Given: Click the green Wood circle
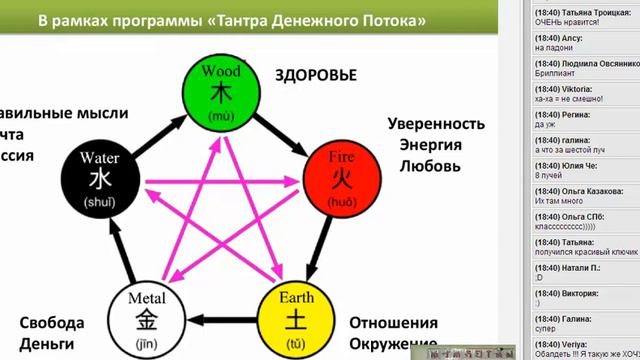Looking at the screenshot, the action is (220, 91).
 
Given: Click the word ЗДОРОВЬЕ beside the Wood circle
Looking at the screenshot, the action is (315, 76).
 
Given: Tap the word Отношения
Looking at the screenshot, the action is (393, 324).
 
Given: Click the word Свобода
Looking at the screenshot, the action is (52, 323).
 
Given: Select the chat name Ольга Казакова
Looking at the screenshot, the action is (588, 187).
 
